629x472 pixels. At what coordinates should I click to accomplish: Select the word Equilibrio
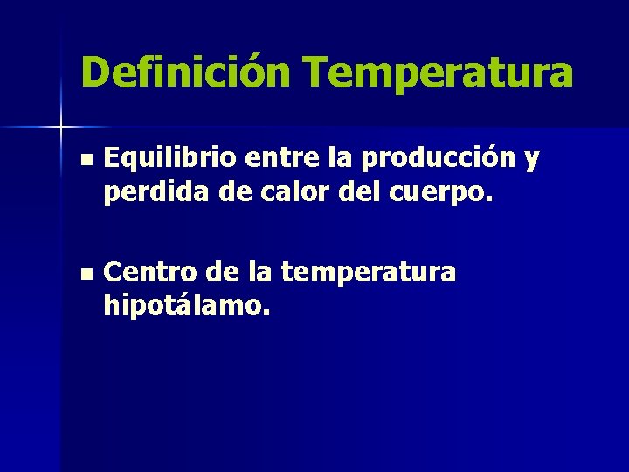point(170,159)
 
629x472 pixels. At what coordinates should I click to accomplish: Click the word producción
point(436,160)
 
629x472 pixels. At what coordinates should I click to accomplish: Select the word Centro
point(147,273)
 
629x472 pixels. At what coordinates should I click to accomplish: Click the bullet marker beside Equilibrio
point(84,160)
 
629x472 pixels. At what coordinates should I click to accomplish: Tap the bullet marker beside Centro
point(84,274)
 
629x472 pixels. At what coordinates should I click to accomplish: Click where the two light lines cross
point(61,128)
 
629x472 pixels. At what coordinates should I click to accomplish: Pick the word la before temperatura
point(259,273)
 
